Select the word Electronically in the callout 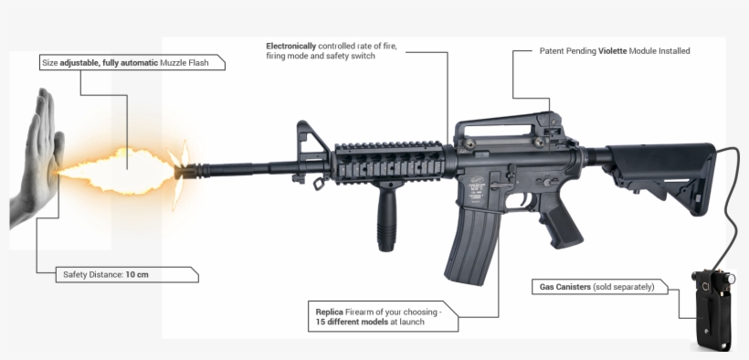[292, 46]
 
